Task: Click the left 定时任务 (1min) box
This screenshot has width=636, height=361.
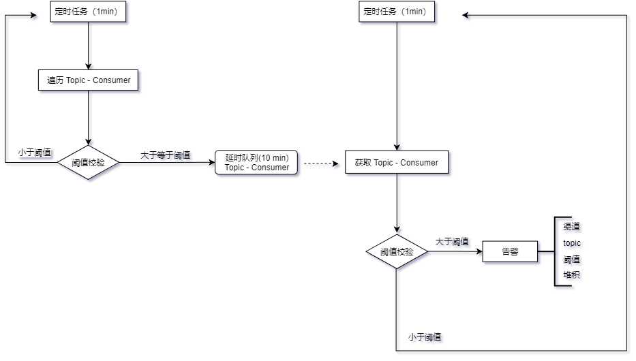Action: (89, 12)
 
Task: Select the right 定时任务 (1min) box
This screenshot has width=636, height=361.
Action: (397, 12)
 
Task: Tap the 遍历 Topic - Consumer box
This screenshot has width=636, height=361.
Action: (89, 80)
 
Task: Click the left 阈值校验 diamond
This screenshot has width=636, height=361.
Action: (89, 163)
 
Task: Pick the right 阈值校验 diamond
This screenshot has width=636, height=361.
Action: (397, 251)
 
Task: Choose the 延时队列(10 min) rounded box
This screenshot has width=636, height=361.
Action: (256, 163)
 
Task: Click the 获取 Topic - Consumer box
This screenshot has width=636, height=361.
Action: (397, 163)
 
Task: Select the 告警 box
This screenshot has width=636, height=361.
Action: (510, 251)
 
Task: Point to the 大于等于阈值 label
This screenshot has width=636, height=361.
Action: (166, 155)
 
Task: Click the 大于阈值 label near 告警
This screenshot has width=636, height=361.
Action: (452, 241)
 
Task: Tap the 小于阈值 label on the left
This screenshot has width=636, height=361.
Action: (35, 153)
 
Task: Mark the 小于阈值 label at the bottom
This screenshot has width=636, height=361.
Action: (425, 337)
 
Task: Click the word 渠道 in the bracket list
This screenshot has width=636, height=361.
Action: (571, 227)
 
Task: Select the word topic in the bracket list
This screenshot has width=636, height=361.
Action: (572, 242)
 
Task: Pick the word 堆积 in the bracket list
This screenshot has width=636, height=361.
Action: (571, 274)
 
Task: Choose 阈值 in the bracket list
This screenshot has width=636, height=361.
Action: (571, 259)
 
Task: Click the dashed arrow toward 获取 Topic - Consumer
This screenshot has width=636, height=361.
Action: (320, 163)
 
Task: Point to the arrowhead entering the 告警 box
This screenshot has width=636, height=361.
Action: (479, 251)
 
